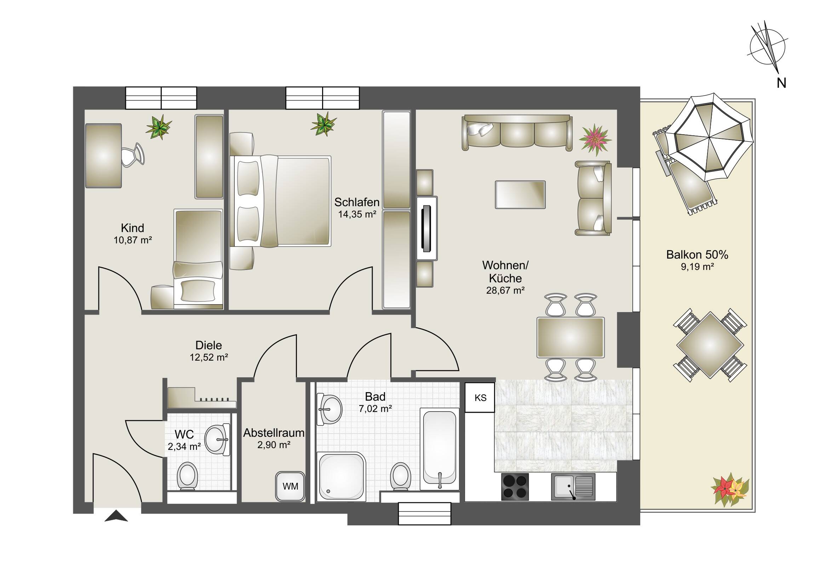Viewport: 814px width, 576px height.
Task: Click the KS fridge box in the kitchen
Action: [480, 397]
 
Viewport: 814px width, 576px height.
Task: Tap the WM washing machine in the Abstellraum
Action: [290, 486]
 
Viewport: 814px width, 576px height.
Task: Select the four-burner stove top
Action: [515, 487]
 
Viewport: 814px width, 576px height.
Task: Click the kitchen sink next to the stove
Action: [573, 487]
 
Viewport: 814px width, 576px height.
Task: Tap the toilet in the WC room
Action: [188, 476]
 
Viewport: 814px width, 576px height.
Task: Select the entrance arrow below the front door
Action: [116, 516]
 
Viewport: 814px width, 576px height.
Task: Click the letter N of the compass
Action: [781, 83]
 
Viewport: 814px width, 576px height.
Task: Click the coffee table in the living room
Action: [520, 194]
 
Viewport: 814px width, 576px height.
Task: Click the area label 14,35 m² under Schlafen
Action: [357, 214]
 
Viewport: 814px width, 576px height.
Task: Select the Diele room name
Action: [208, 345]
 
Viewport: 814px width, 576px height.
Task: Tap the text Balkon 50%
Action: [697, 254]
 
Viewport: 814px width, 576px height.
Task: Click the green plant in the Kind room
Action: [159, 127]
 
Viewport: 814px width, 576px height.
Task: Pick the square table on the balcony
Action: [710, 345]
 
